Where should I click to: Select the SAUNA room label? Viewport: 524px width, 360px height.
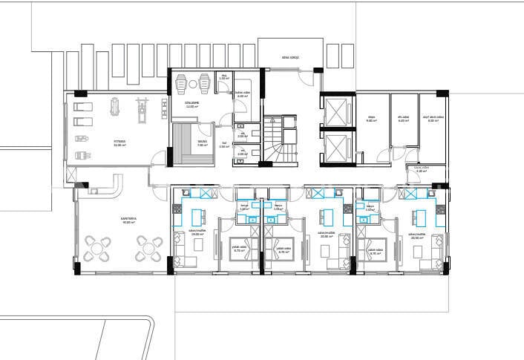tap(202, 140)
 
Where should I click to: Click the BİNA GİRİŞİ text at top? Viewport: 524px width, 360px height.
tap(290, 57)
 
